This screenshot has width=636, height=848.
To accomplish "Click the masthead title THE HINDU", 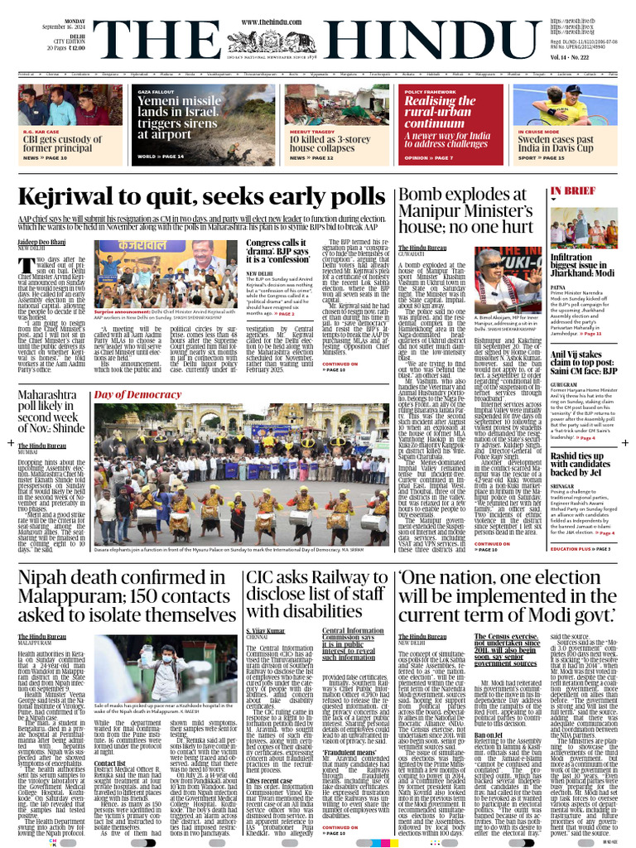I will click(x=318, y=37).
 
